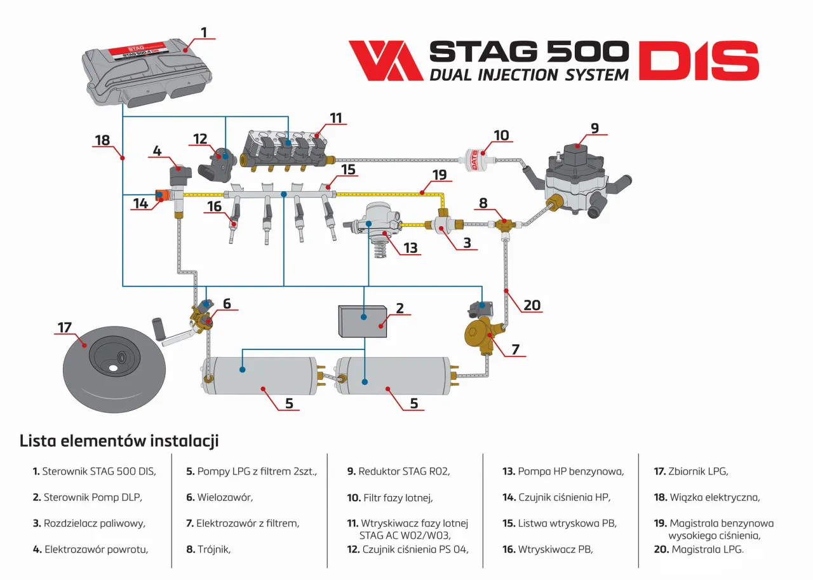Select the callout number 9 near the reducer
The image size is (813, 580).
(x=594, y=128)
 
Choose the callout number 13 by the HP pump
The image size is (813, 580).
(x=410, y=248)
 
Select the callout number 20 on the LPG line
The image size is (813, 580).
(x=532, y=305)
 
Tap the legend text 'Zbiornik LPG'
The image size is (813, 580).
(x=698, y=471)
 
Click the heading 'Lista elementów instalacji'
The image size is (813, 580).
(x=119, y=440)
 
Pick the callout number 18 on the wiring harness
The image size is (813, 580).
(x=102, y=140)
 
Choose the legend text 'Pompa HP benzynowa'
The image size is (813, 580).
(x=571, y=471)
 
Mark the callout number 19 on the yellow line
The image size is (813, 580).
(x=440, y=175)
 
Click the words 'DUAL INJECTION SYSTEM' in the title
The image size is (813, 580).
(x=528, y=74)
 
